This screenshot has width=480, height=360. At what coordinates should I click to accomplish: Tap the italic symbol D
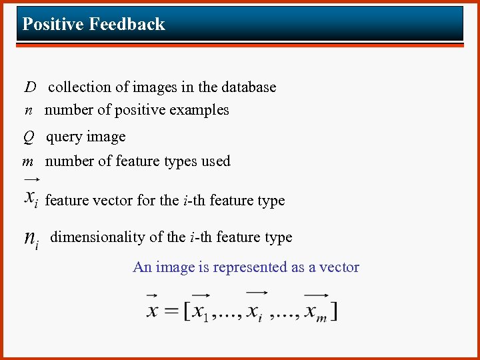coord(31,87)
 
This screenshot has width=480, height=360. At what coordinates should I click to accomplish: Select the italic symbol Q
coord(28,137)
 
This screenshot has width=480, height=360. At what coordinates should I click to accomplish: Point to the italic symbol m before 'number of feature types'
coord(28,161)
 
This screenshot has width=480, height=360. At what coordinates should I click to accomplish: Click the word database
coord(247,87)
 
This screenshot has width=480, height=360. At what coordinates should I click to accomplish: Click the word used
coord(217,161)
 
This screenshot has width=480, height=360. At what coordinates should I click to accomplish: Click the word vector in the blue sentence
coord(339,267)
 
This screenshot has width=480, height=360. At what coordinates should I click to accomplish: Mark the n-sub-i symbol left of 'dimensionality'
coord(31,239)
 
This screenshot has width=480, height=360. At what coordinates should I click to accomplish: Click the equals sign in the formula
coord(172,311)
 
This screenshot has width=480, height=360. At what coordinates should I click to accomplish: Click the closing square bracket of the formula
coord(333,311)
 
